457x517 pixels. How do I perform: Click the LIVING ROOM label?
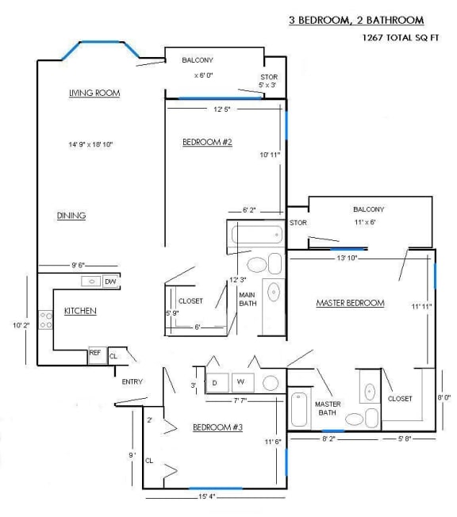(x=94, y=94)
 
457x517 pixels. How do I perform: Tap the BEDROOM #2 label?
(x=206, y=142)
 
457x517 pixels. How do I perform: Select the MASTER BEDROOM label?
(x=350, y=303)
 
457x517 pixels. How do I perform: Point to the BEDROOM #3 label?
(x=217, y=427)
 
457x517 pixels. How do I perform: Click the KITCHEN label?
(x=80, y=312)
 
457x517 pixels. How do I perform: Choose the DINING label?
(x=71, y=216)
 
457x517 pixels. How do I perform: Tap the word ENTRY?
(x=132, y=382)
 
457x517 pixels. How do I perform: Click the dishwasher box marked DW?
(x=110, y=281)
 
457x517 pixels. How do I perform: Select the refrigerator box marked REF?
(x=94, y=355)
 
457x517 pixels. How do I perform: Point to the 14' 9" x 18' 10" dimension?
(x=91, y=144)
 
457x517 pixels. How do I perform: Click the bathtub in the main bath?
(x=255, y=236)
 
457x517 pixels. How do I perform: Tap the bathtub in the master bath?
(x=300, y=412)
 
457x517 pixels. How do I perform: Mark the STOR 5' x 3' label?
(x=268, y=81)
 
